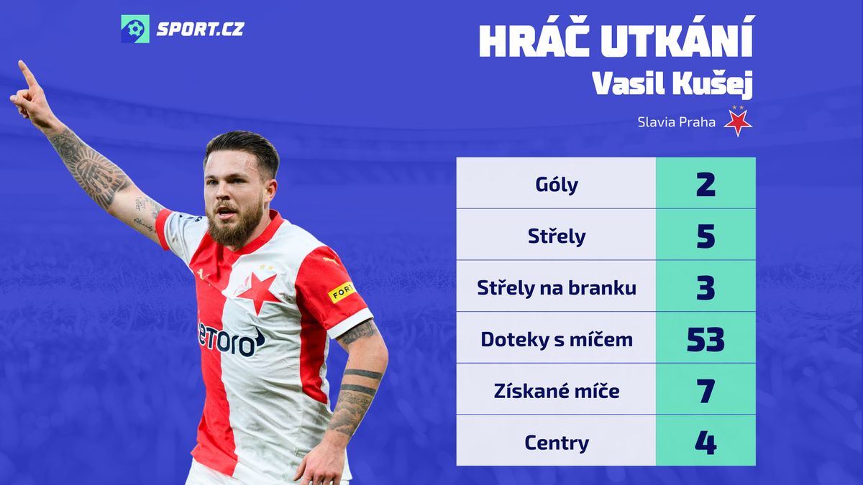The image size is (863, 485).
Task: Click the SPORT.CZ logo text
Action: pyautogui.click(x=201, y=29)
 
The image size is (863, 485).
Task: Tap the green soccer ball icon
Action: pyautogui.click(x=135, y=29)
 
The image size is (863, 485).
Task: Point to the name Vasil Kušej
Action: pyautogui.click(x=672, y=83)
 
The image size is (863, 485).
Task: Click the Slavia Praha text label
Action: pyautogui.click(x=676, y=122)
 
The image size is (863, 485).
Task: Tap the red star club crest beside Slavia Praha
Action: pyautogui.click(x=738, y=121)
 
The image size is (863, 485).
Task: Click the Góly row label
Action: pyautogui.click(x=557, y=185)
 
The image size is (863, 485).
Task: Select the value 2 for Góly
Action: pyautogui.click(x=706, y=185)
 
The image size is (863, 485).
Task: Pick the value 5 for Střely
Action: pyautogui.click(x=706, y=236)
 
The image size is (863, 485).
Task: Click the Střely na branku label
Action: pyautogui.click(x=557, y=287)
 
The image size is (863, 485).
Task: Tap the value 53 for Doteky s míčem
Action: pyautogui.click(x=706, y=339)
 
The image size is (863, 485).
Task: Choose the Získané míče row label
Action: pyautogui.click(x=557, y=391)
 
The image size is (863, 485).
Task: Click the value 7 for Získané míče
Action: pyautogui.click(x=706, y=391)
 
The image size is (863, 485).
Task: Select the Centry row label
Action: pyautogui.click(x=557, y=443)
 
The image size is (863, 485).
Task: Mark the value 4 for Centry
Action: pyautogui.click(x=706, y=443)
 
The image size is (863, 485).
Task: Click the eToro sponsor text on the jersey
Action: pyautogui.click(x=230, y=339)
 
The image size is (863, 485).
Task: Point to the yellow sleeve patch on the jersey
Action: pyautogui.click(x=341, y=292)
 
